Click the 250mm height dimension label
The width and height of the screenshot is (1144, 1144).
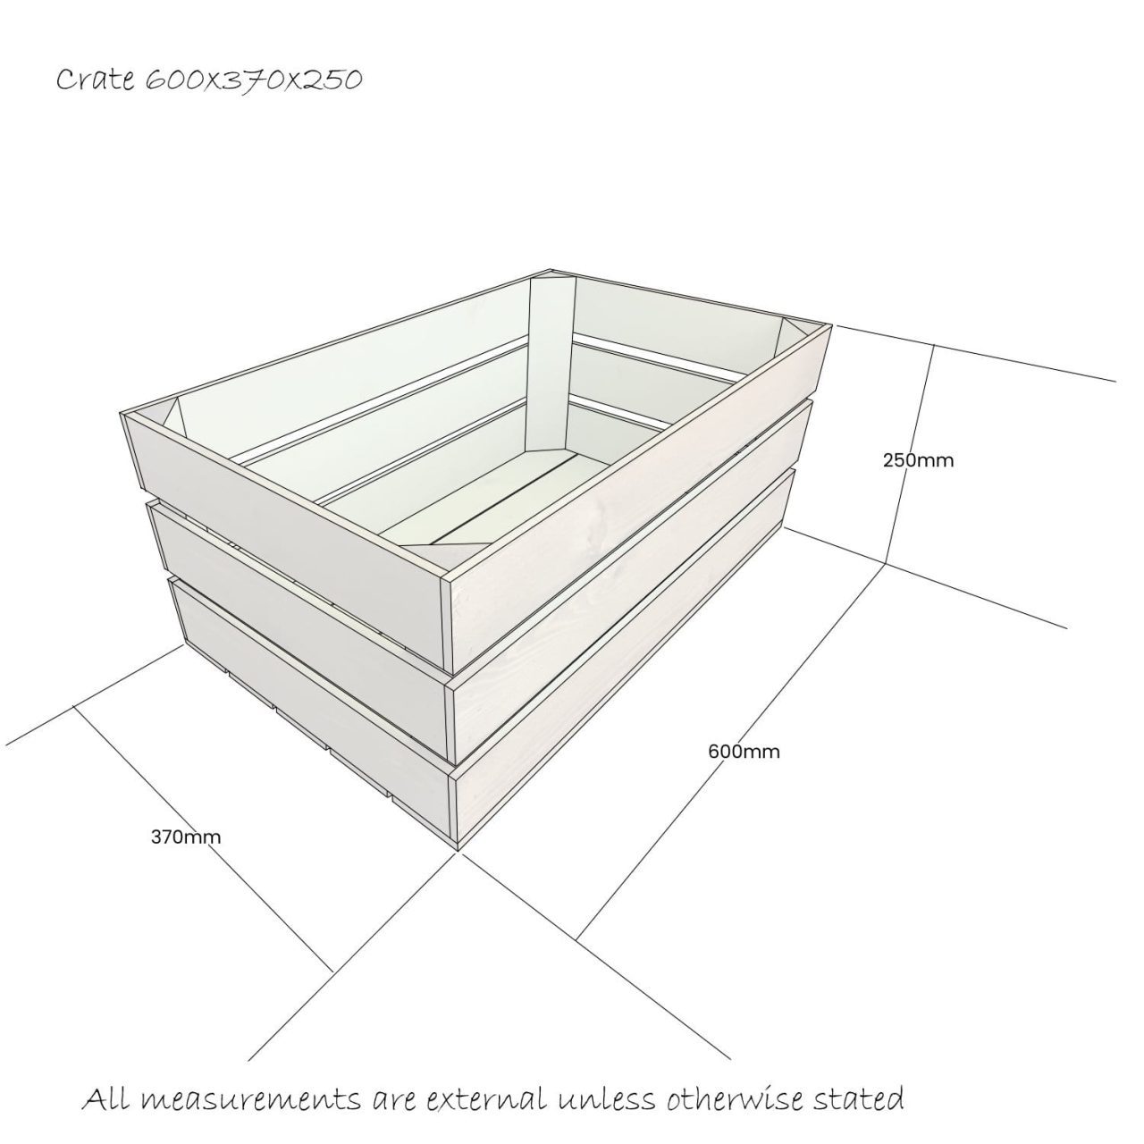coord(918,461)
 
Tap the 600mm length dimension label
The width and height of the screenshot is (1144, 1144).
coord(744,752)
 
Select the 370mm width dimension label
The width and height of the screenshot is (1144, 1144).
coord(186,837)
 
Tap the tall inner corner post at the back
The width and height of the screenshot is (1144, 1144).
coord(547,357)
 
